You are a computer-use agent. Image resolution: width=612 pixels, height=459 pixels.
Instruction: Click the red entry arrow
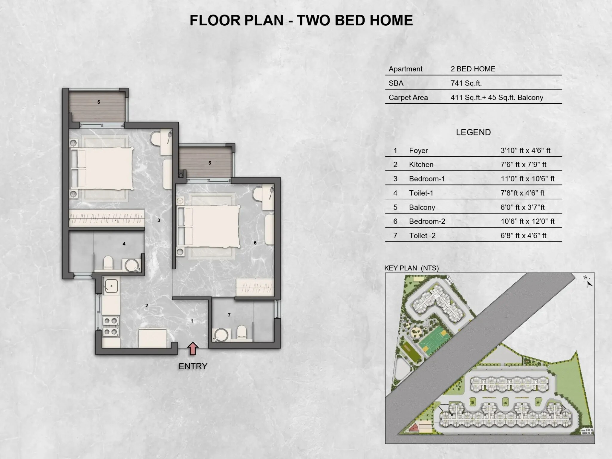[x=193, y=348]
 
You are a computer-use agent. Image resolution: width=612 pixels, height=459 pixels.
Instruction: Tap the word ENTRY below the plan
[x=193, y=366]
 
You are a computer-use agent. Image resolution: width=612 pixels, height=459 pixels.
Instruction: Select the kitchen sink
[x=111, y=286]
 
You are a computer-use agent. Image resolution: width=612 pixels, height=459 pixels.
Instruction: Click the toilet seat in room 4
[x=108, y=262]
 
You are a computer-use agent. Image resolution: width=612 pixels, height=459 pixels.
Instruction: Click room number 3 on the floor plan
[x=159, y=220]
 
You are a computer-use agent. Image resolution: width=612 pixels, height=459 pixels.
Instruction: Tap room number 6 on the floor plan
[x=255, y=243]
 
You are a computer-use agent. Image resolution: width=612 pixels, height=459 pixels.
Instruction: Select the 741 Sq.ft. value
[x=466, y=83]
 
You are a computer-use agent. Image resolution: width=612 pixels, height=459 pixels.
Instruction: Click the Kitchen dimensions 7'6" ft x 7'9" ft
[x=523, y=165]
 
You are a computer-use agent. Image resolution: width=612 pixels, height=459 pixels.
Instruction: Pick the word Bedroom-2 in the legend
[x=427, y=221]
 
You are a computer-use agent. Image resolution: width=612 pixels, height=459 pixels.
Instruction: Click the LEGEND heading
[x=473, y=132]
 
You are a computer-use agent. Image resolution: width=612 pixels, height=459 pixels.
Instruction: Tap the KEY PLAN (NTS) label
[x=411, y=268]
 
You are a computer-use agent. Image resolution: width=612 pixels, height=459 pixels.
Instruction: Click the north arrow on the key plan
[x=587, y=282]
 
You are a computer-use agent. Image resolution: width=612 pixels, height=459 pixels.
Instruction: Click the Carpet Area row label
[x=408, y=98]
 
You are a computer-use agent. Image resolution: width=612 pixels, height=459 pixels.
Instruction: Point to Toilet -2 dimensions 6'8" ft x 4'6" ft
[x=523, y=236]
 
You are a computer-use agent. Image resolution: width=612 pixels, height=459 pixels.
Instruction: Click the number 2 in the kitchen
[x=147, y=305]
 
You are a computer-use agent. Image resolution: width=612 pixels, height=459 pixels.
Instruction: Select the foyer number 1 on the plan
[x=192, y=321]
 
